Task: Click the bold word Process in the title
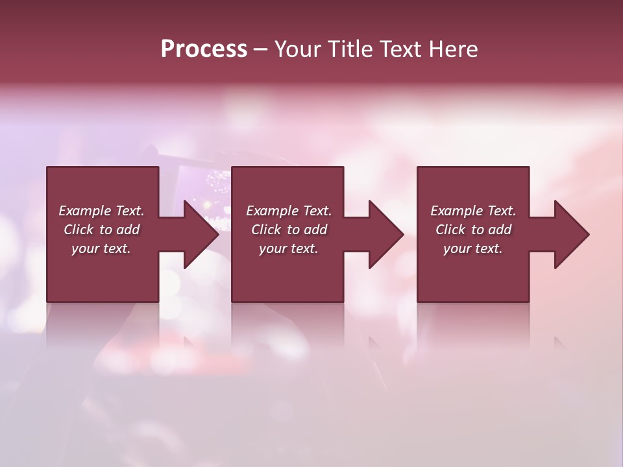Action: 204,49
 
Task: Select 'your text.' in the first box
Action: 101,248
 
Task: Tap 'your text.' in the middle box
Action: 289,248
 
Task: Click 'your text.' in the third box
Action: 473,248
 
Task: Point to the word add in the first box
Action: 128,230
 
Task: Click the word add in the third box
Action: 500,230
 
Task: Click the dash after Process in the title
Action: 261,49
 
